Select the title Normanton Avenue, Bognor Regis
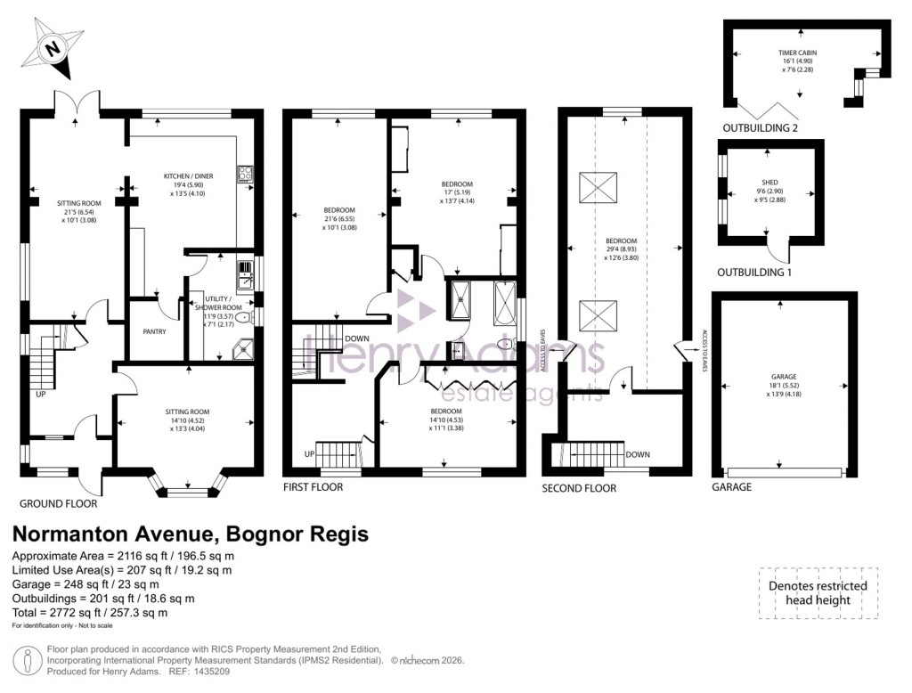(x=190, y=534)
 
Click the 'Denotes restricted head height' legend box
(x=818, y=593)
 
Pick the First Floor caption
(x=313, y=487)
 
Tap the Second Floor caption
(x=579, y=488)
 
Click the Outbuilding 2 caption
(x=760, y=127)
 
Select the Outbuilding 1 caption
(x=754, y=272)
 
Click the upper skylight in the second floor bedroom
(x=597, y=188)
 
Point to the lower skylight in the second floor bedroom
(x=597, y=316)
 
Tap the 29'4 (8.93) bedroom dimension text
(x=622, y=247)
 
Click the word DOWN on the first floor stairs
(x=357, y=338)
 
